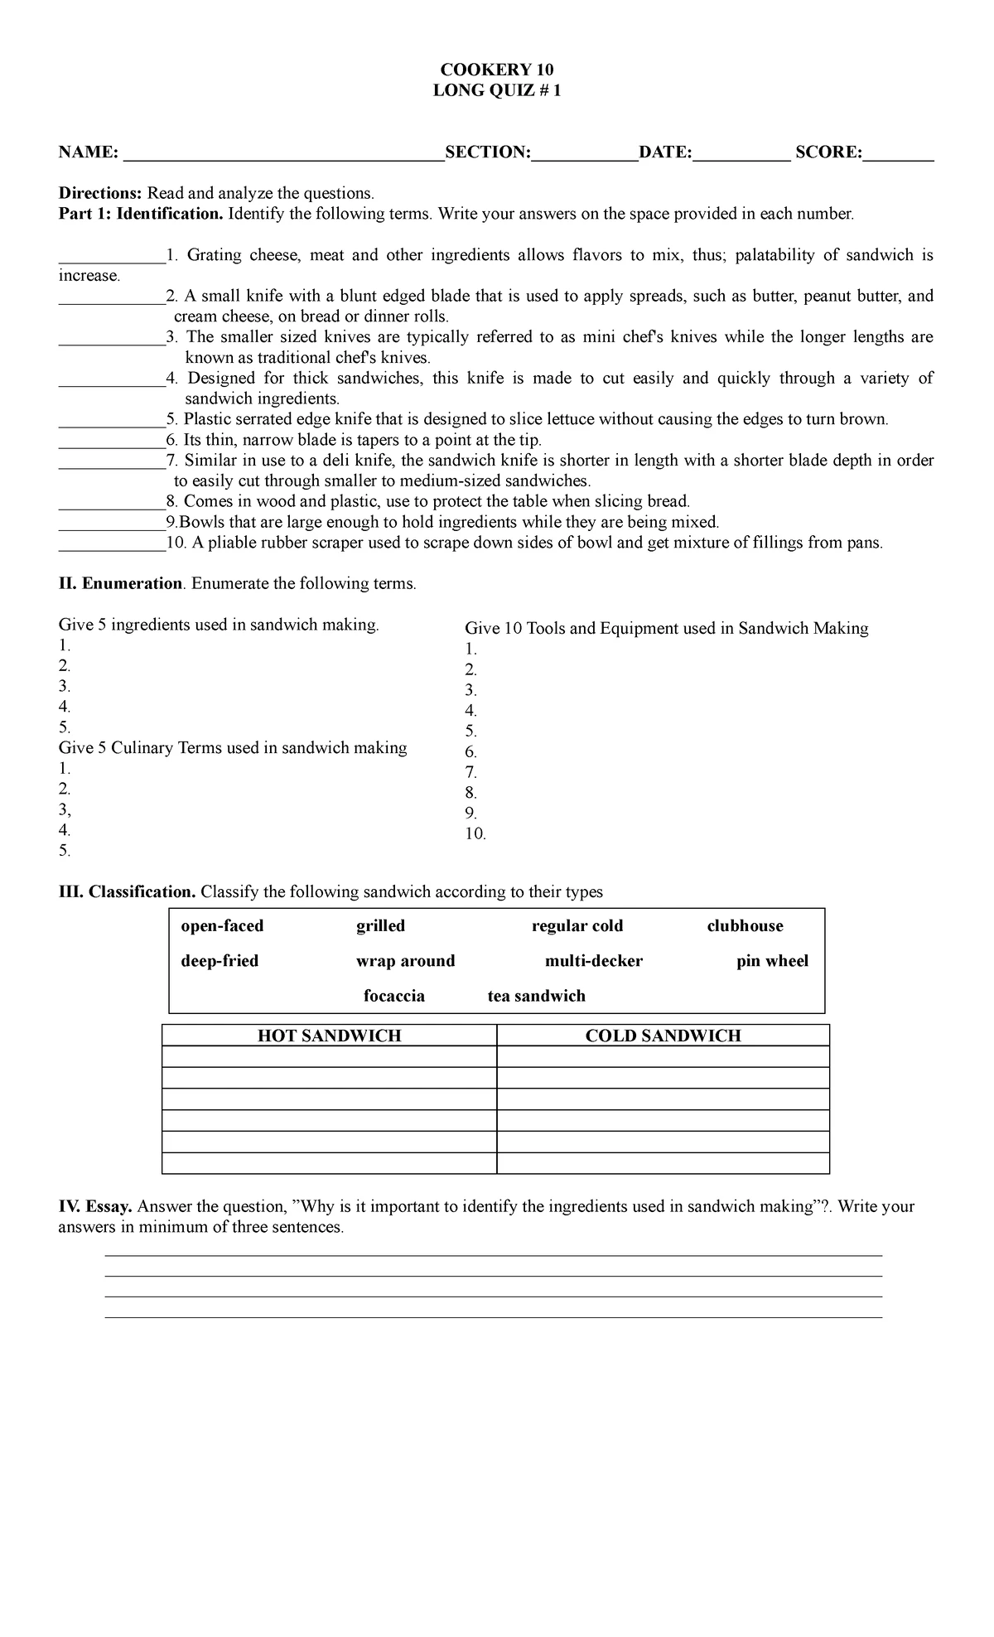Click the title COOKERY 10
497,70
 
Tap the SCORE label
828,152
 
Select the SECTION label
487,152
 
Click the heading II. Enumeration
121,583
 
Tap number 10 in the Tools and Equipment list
475,833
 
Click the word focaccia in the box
394,996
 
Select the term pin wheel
772,961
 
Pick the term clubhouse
745,926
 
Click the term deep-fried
220,961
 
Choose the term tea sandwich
536,996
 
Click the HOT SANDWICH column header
330,1036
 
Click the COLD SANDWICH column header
663,1036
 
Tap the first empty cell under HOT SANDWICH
330,1056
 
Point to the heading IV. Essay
94,1206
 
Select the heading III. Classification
127,891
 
